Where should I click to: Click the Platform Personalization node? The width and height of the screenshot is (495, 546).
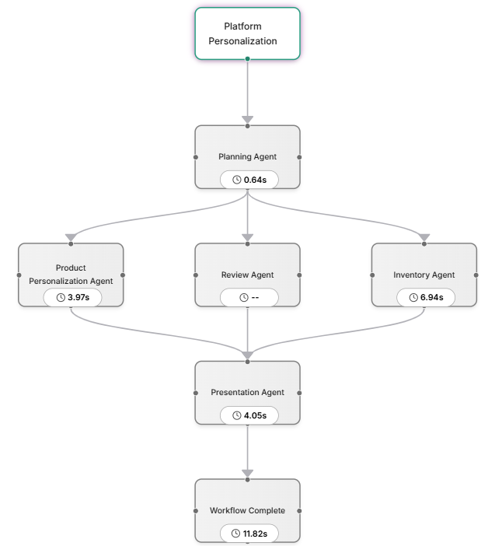[x=247, y=33]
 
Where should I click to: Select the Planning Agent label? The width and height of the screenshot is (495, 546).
[x=247, y=156]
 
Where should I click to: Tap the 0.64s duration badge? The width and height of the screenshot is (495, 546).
[x=249, y=180]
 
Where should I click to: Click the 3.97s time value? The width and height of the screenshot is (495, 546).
[x=78, y=297]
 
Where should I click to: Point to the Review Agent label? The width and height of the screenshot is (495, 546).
[x=247, y=275]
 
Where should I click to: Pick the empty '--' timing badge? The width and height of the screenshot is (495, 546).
[x=249, y=297]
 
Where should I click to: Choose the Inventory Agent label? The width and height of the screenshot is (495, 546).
[x=424, y=275]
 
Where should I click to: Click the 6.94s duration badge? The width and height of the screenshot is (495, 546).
[x=426, y=297]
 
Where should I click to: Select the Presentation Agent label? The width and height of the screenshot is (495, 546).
[x=247, y=393]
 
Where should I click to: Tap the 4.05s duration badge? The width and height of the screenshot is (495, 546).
[x=249, y=415]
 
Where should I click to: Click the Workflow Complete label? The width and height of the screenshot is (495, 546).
[x=247, y=510]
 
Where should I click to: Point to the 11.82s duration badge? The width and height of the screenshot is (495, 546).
[x=249, y=533]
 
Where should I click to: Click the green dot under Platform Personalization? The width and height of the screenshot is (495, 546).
[x=247, y=59]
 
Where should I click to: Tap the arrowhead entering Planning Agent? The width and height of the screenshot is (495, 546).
[x=247, y=120]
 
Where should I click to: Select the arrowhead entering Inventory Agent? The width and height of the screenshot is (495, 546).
[x=424, y=237]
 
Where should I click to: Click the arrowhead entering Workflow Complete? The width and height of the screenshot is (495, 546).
[x=247, y=473]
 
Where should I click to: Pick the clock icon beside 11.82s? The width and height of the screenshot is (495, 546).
[x=236, y=533]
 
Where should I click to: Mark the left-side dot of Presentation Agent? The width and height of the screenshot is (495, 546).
[x=196, y=393]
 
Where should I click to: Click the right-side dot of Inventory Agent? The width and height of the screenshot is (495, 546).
[x=476, y=275]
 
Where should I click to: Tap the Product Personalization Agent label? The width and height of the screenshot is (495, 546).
[x=71, y=275]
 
